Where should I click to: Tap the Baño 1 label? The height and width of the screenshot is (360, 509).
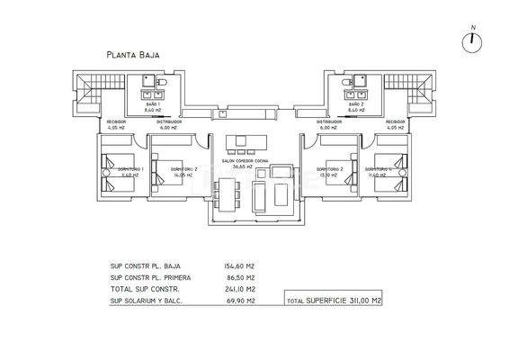(x=153, y=106)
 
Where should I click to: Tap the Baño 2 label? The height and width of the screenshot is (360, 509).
(x=355, y=106)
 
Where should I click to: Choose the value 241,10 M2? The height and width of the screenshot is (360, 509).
(x=239, y=290)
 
